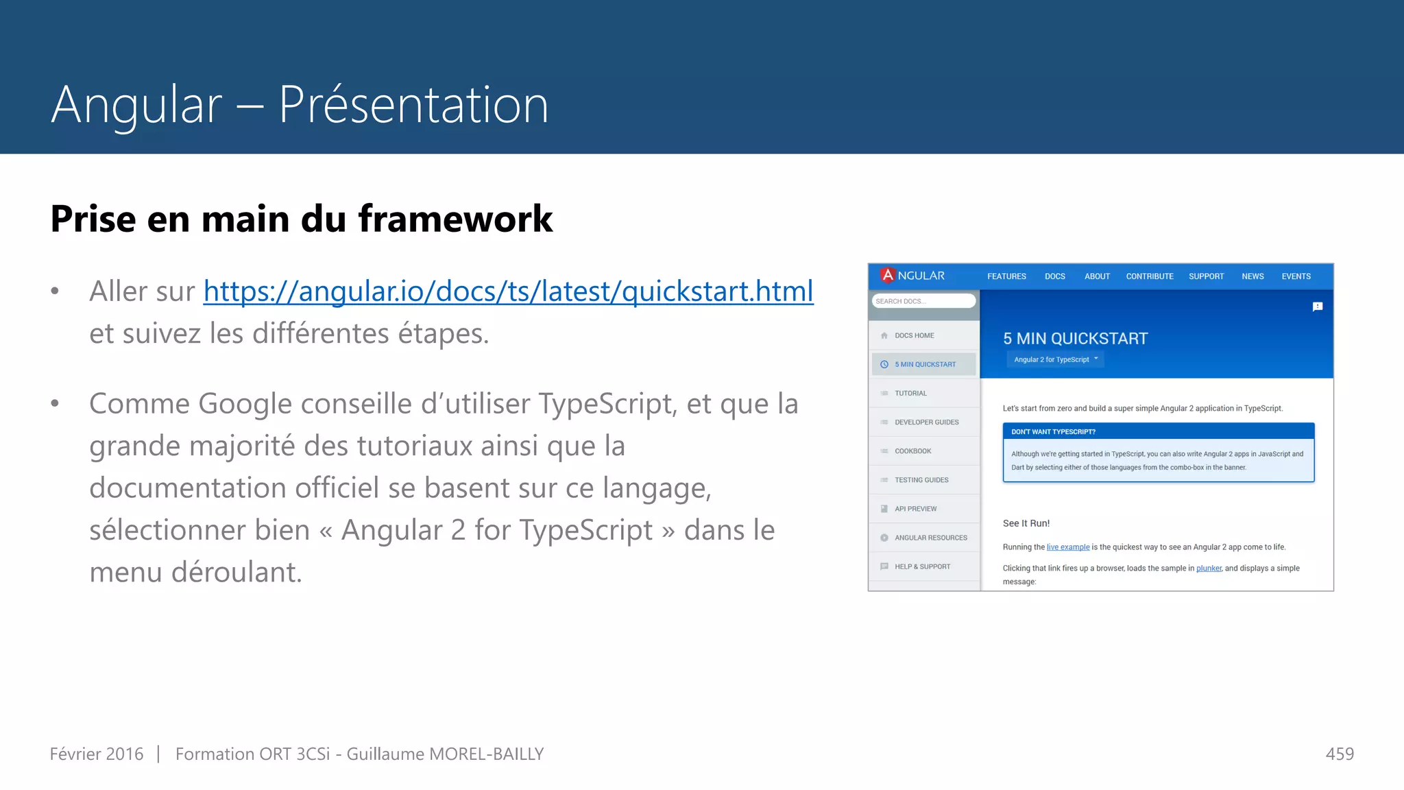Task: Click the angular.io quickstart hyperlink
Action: point(508,291)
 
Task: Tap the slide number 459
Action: point(1340,754)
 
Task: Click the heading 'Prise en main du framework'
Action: point(301,219)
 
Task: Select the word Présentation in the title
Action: point(413,105)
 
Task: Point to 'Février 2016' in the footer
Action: point(97,754)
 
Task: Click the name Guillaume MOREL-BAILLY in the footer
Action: point(445,754)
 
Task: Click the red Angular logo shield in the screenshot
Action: point(888,275)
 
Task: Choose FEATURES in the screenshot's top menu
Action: point(1006,276)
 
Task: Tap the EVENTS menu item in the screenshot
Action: point(1296,276)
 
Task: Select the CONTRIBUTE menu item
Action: point(1149,276)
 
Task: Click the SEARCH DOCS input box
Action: point(923,301)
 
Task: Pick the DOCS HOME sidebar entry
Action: point(914,335)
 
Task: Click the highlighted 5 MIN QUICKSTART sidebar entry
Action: point(924,364)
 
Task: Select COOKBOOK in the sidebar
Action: point(912,451)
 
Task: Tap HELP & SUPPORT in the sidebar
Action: point(922,566)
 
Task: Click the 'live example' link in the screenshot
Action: point(1067,547)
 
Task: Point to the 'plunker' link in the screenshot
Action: point(1209,568)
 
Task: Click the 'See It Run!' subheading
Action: point(1026,523)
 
